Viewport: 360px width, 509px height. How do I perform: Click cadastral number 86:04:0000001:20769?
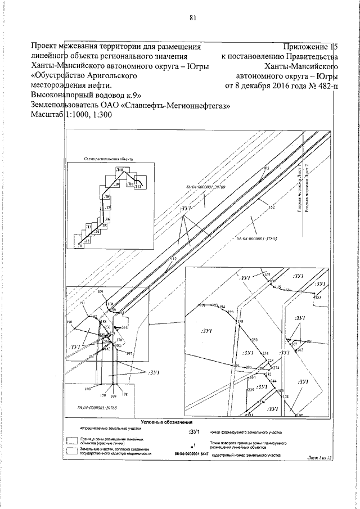pyautogui.click(x=206, y=188)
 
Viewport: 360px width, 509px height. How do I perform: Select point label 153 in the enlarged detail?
pyautogui.click(x=318, y=297)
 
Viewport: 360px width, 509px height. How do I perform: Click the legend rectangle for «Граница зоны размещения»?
pyautogui.click(x=71, y=440)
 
